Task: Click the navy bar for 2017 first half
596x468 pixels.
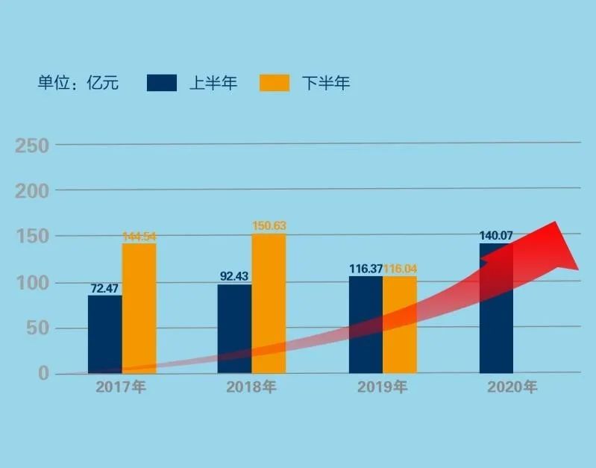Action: [104, 334]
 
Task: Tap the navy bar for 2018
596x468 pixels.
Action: [234, 328]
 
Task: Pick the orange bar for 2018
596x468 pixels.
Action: [269, 303]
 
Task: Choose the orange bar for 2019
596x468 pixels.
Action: [400, 325]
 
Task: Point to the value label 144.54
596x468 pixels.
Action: [139, 237]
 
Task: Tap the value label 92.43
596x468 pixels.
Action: [234, 276]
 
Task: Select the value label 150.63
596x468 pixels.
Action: [269, 226]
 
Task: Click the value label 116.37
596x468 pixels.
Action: [366, 268]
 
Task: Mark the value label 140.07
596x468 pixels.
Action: [496, 236]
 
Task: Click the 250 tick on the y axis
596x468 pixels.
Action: [33, 146]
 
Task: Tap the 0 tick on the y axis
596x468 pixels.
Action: [43, 373]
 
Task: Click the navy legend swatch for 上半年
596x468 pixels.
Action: [162, 83]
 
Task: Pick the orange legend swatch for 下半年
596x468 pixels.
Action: [275, 83]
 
